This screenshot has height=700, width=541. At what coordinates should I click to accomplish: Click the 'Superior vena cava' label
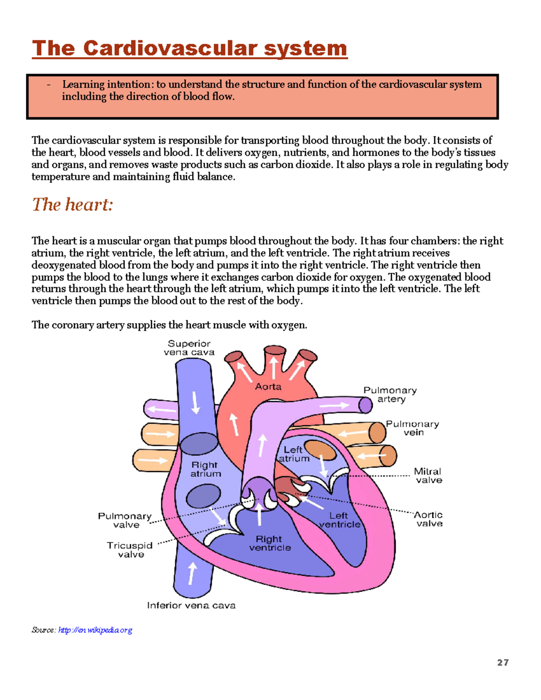pyautogui.click(x=189, y=348)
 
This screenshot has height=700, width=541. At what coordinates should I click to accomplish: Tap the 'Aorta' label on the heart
pyautogui.click(x=268, y=387)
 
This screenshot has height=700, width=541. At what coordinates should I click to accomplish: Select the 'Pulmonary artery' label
pyautogui.click(x=390, y=394)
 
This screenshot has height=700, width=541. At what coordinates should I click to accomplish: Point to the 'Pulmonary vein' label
pyautogui.click(x=413, y=428)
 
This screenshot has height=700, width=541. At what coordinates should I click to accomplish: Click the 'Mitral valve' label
pyautogui.click(x=428, y=476)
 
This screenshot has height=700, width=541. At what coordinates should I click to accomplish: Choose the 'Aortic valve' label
pyautogui.click(x=429, y=519)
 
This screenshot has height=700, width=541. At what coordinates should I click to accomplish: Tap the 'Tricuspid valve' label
pyautogui.click(x=130, y=550)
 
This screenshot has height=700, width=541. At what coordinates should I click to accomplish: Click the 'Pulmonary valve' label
pyautogui.click(x=125, y=520)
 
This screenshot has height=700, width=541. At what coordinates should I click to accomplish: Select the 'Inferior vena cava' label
pyautogui.click(x=191, y=605)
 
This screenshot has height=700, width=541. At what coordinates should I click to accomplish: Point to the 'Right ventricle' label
pyautogui.click(x=270, y=543)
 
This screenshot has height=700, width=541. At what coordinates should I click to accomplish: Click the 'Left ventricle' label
pyautogui.click(x=339, y=520)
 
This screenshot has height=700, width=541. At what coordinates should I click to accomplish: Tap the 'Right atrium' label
pyautogui.click(x=205, y=469)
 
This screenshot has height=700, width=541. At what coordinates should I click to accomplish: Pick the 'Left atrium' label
pyautogui.click(x=293, y=454)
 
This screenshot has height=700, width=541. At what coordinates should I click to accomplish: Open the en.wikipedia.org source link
pyautogui.click(x=95, y=630)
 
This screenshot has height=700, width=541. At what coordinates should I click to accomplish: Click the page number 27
pyautogui.click(x=503, y=662)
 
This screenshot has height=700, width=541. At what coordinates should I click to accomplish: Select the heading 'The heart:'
pyautogui.click(x=72, y=205)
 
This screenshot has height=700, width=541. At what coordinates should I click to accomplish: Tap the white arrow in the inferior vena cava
pyautogui.click(x=193, y=573)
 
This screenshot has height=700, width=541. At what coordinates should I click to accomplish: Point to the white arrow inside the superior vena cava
pyautogui.click(x=196, y=402)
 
